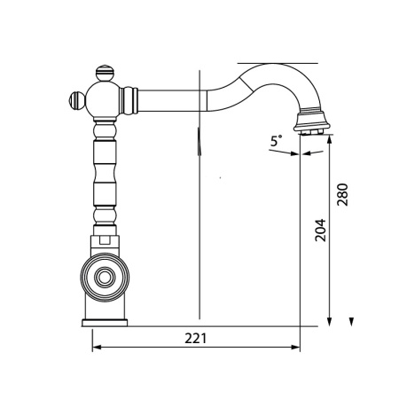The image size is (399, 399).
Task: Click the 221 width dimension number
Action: (x=195, y=338)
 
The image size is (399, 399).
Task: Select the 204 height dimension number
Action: (x=320, y=231)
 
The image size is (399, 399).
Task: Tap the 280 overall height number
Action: (x=343, y=194)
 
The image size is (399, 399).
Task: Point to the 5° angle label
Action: (x=277, y=140)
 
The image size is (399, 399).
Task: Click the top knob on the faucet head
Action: (x=105, y=73)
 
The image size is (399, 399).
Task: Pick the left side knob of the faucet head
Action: (x=77, y=100)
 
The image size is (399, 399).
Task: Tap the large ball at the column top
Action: (x=103, y=100)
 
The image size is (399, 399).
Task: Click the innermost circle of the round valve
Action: (x=105, y=278)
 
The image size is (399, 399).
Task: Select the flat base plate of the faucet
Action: (x=105, y=323)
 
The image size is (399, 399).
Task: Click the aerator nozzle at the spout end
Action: (x=311, y=122)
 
